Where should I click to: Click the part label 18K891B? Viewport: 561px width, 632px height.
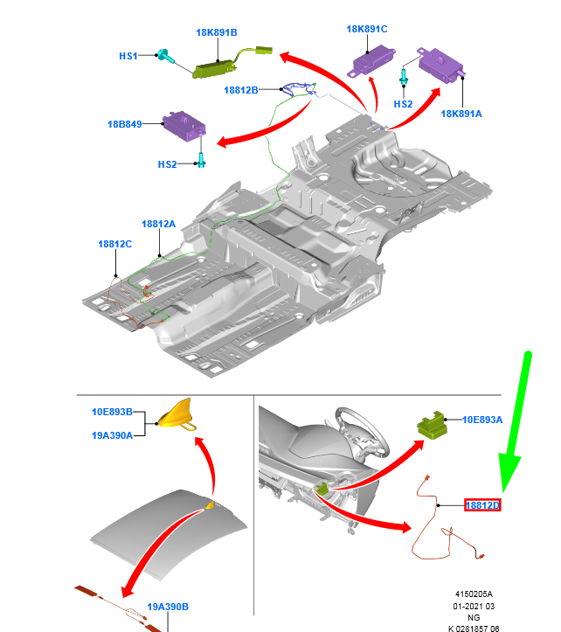click(217, 32)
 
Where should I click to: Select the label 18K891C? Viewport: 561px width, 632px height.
click(367, 29)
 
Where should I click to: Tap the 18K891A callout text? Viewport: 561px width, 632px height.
click(461, 114)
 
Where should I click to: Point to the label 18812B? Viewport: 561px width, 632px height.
click(241, 90)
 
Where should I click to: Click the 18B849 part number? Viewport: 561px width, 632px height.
click(125, 124)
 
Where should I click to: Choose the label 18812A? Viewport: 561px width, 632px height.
click(158, 224)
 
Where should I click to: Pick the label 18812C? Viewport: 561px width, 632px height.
click(114, 244)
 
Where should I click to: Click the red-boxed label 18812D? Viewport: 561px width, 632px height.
click(482, 505)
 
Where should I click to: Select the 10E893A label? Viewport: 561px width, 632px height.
click(482, 420)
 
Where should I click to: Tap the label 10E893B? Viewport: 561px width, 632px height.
click(112, 412)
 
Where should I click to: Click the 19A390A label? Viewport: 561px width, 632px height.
click(112, 435)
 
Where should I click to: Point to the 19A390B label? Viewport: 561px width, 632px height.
click(168, 607)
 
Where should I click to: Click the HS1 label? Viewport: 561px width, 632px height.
click(128, 56)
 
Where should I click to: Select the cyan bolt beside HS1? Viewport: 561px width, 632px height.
click(166, 56)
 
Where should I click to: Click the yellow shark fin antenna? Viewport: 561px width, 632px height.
click(177, 414)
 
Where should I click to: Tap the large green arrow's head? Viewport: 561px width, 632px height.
click(509, 471)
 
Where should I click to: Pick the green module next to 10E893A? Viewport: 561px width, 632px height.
click(432, 425)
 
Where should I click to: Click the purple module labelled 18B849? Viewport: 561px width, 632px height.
click(184, 125)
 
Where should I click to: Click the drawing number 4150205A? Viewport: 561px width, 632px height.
click(474, 594)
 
